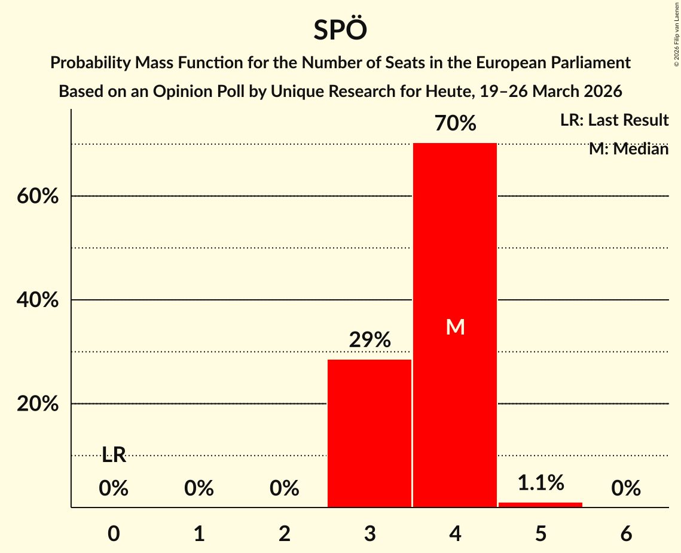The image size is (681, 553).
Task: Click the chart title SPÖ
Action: pyautogui.click(x=340, y=30)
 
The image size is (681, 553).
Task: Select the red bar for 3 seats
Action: pyautogui.click(x=369, y=433)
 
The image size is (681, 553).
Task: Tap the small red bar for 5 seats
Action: pyautogui.click(x=540, y=505)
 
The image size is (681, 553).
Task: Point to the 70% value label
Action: pyautogui.click(x=455, y=124)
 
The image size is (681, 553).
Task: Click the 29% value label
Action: pyautogui.click(x=369, y=341)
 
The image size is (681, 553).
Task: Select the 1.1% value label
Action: pyautogui.click(x=540, y=482)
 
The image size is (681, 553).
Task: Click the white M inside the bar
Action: pyautogui.click(x=455, y=327)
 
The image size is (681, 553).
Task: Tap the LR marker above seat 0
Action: pyautogui.click(x=114, y=455)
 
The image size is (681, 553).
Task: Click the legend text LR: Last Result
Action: pyautogui.click(x=614, y=120)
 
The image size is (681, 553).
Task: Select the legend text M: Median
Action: pyautogui.click(x=628, y=149)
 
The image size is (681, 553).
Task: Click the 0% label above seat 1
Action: pyautogui.click(x=199, y=489)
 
